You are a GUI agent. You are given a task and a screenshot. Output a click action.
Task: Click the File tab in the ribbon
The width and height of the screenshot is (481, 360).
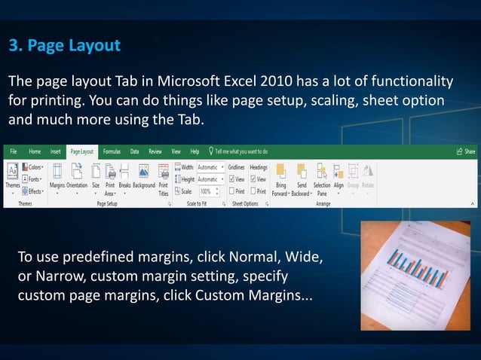(14, 151)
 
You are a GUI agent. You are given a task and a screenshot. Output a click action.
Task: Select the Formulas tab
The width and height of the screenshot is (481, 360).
(112, 151)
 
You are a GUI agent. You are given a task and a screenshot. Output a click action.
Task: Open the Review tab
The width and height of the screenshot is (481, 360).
(155, 151)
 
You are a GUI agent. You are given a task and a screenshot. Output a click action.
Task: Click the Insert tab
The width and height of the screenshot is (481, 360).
(56, 151)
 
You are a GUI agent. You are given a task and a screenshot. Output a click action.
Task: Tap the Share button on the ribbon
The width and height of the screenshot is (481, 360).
(466, 151)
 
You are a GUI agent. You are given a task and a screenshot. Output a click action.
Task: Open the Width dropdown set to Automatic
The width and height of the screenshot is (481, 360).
(210, 167)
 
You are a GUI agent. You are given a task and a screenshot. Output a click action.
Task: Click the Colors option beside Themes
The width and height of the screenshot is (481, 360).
(33, 167)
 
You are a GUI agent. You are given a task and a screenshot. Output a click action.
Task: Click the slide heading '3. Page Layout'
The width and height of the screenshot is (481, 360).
(65, 46)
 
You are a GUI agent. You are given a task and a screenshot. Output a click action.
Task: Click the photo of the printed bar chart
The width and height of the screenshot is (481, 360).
(415, 275)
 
